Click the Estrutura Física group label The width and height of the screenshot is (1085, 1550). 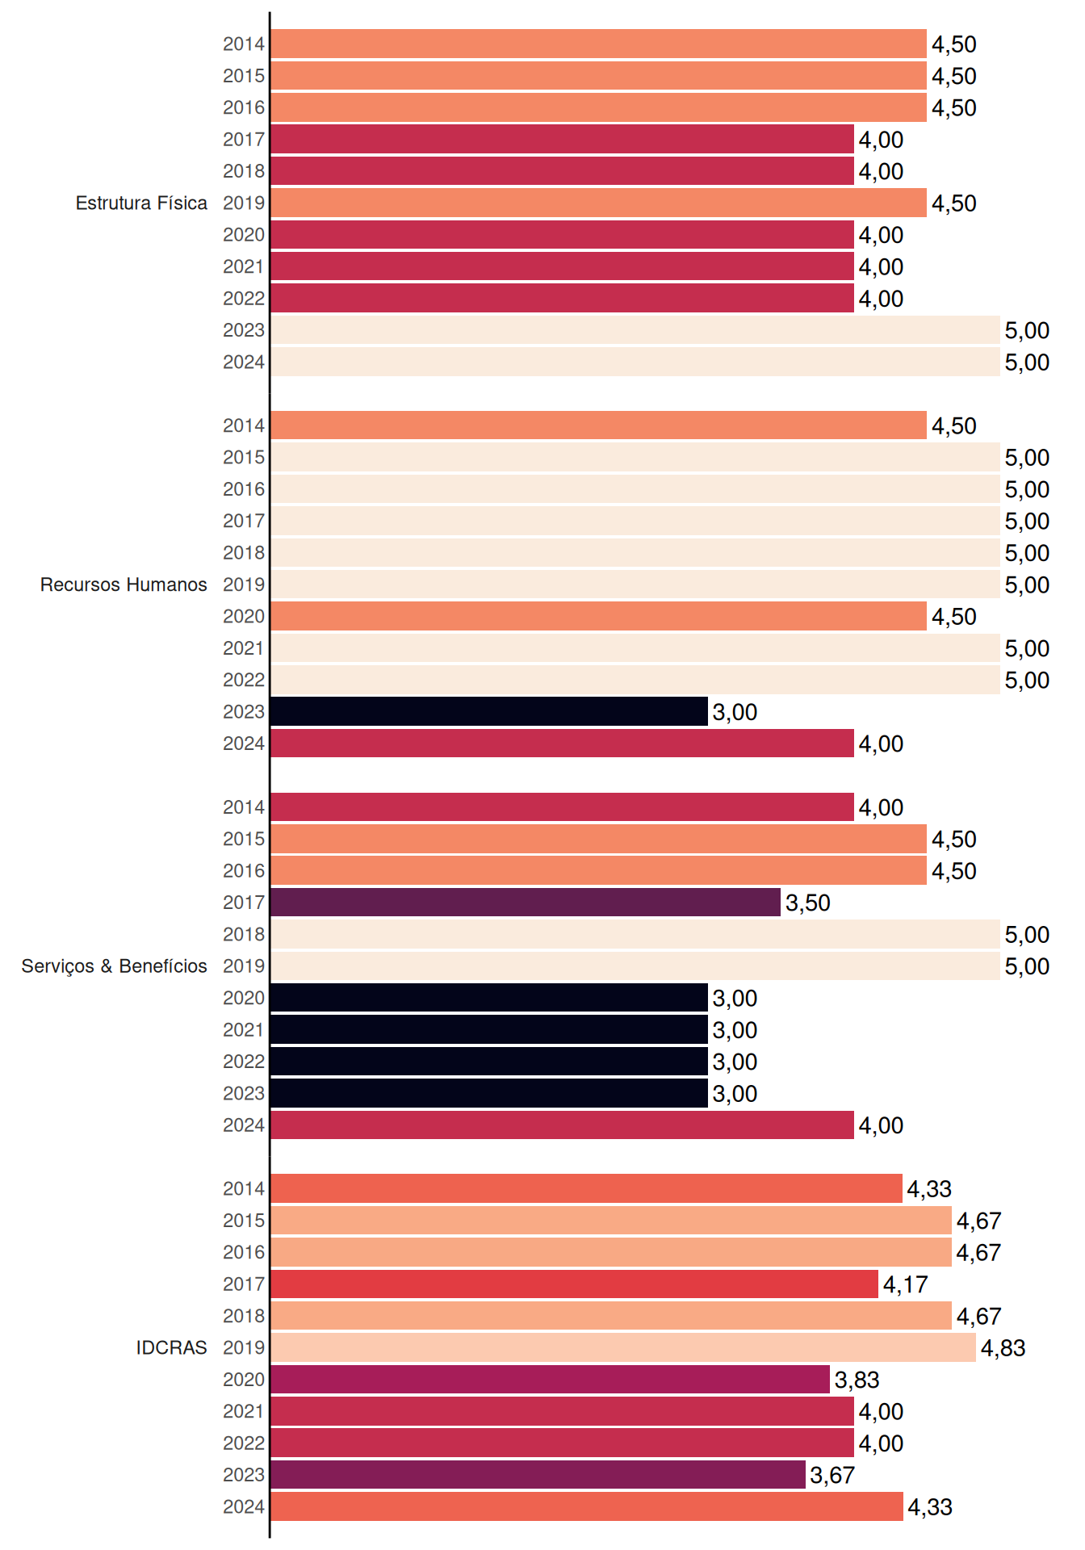(x=141, y=203)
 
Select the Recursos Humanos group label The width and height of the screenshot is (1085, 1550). (x=124, y=584)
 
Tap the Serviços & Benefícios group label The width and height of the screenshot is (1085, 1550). (x=114, y=966)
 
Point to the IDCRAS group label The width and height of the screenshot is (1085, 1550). (x=171, y=1347)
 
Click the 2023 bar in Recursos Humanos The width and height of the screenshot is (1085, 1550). (x=489, y=711)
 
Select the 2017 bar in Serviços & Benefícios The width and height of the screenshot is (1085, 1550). (x=526, y=903)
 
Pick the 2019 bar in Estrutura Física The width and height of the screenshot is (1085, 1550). (x=599, y=203)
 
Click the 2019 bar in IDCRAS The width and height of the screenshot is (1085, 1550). (x=623, y=1347)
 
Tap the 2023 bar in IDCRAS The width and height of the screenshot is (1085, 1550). (x=538, y=1475)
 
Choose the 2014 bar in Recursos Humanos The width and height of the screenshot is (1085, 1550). (x=599, y=425)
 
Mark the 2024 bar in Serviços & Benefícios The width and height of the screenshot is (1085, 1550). (x=563, y=1125)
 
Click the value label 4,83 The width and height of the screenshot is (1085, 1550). (x=1003, y=1348)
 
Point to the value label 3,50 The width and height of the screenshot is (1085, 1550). (x=808, y=903)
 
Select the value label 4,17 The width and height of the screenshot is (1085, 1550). (x=906, y=1284)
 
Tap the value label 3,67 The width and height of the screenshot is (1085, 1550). (x=832, y=1476)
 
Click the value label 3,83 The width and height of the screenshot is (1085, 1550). (x=857, y=1380)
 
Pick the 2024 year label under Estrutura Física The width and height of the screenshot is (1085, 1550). (x=244, y=362)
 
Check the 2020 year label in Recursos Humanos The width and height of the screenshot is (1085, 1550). (x=244, y=617)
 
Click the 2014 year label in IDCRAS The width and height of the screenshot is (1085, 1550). (x=244, y=1189)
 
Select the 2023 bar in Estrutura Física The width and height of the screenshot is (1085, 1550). (x=635, y=330)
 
